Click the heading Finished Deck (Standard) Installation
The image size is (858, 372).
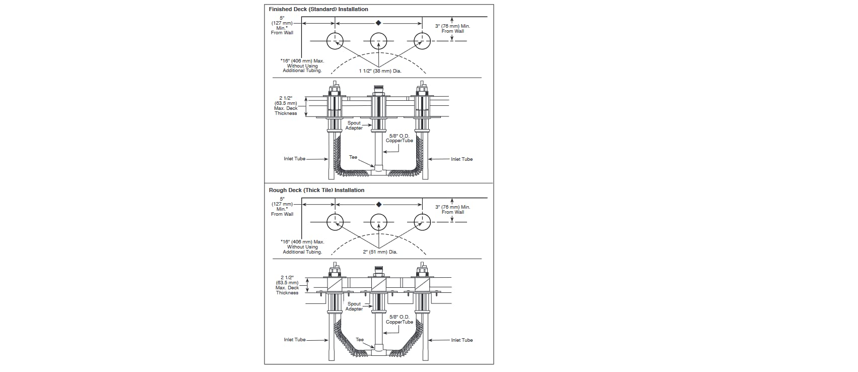coord(318,9)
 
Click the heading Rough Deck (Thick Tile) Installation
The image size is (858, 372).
coord(316,190)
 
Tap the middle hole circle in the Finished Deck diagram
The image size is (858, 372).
coord(379,41)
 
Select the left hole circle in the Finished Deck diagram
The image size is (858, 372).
coord(335,41)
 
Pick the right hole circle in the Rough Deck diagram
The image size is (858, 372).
coord(422,222)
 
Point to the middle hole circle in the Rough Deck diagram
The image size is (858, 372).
coord(379,222)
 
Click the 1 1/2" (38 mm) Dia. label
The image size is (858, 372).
coord(380,71)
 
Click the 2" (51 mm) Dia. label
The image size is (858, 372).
coord(380,252)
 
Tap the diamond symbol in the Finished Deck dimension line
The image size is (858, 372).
coord(379,23)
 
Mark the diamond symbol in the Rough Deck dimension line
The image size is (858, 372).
coord(379,204)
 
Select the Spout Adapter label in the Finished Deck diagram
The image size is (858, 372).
coord(354,126)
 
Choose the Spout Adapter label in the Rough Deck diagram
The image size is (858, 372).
coord(354,306)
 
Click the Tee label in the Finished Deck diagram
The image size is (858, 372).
coord(353,157)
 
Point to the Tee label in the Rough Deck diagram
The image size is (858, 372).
coord(360,340)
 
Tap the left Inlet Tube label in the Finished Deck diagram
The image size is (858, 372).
coord(295,159)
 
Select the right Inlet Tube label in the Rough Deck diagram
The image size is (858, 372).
coord(461,340)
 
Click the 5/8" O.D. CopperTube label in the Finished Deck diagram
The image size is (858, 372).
coord(400,138)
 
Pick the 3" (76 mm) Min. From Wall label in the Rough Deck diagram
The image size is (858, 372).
coord(452,210)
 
